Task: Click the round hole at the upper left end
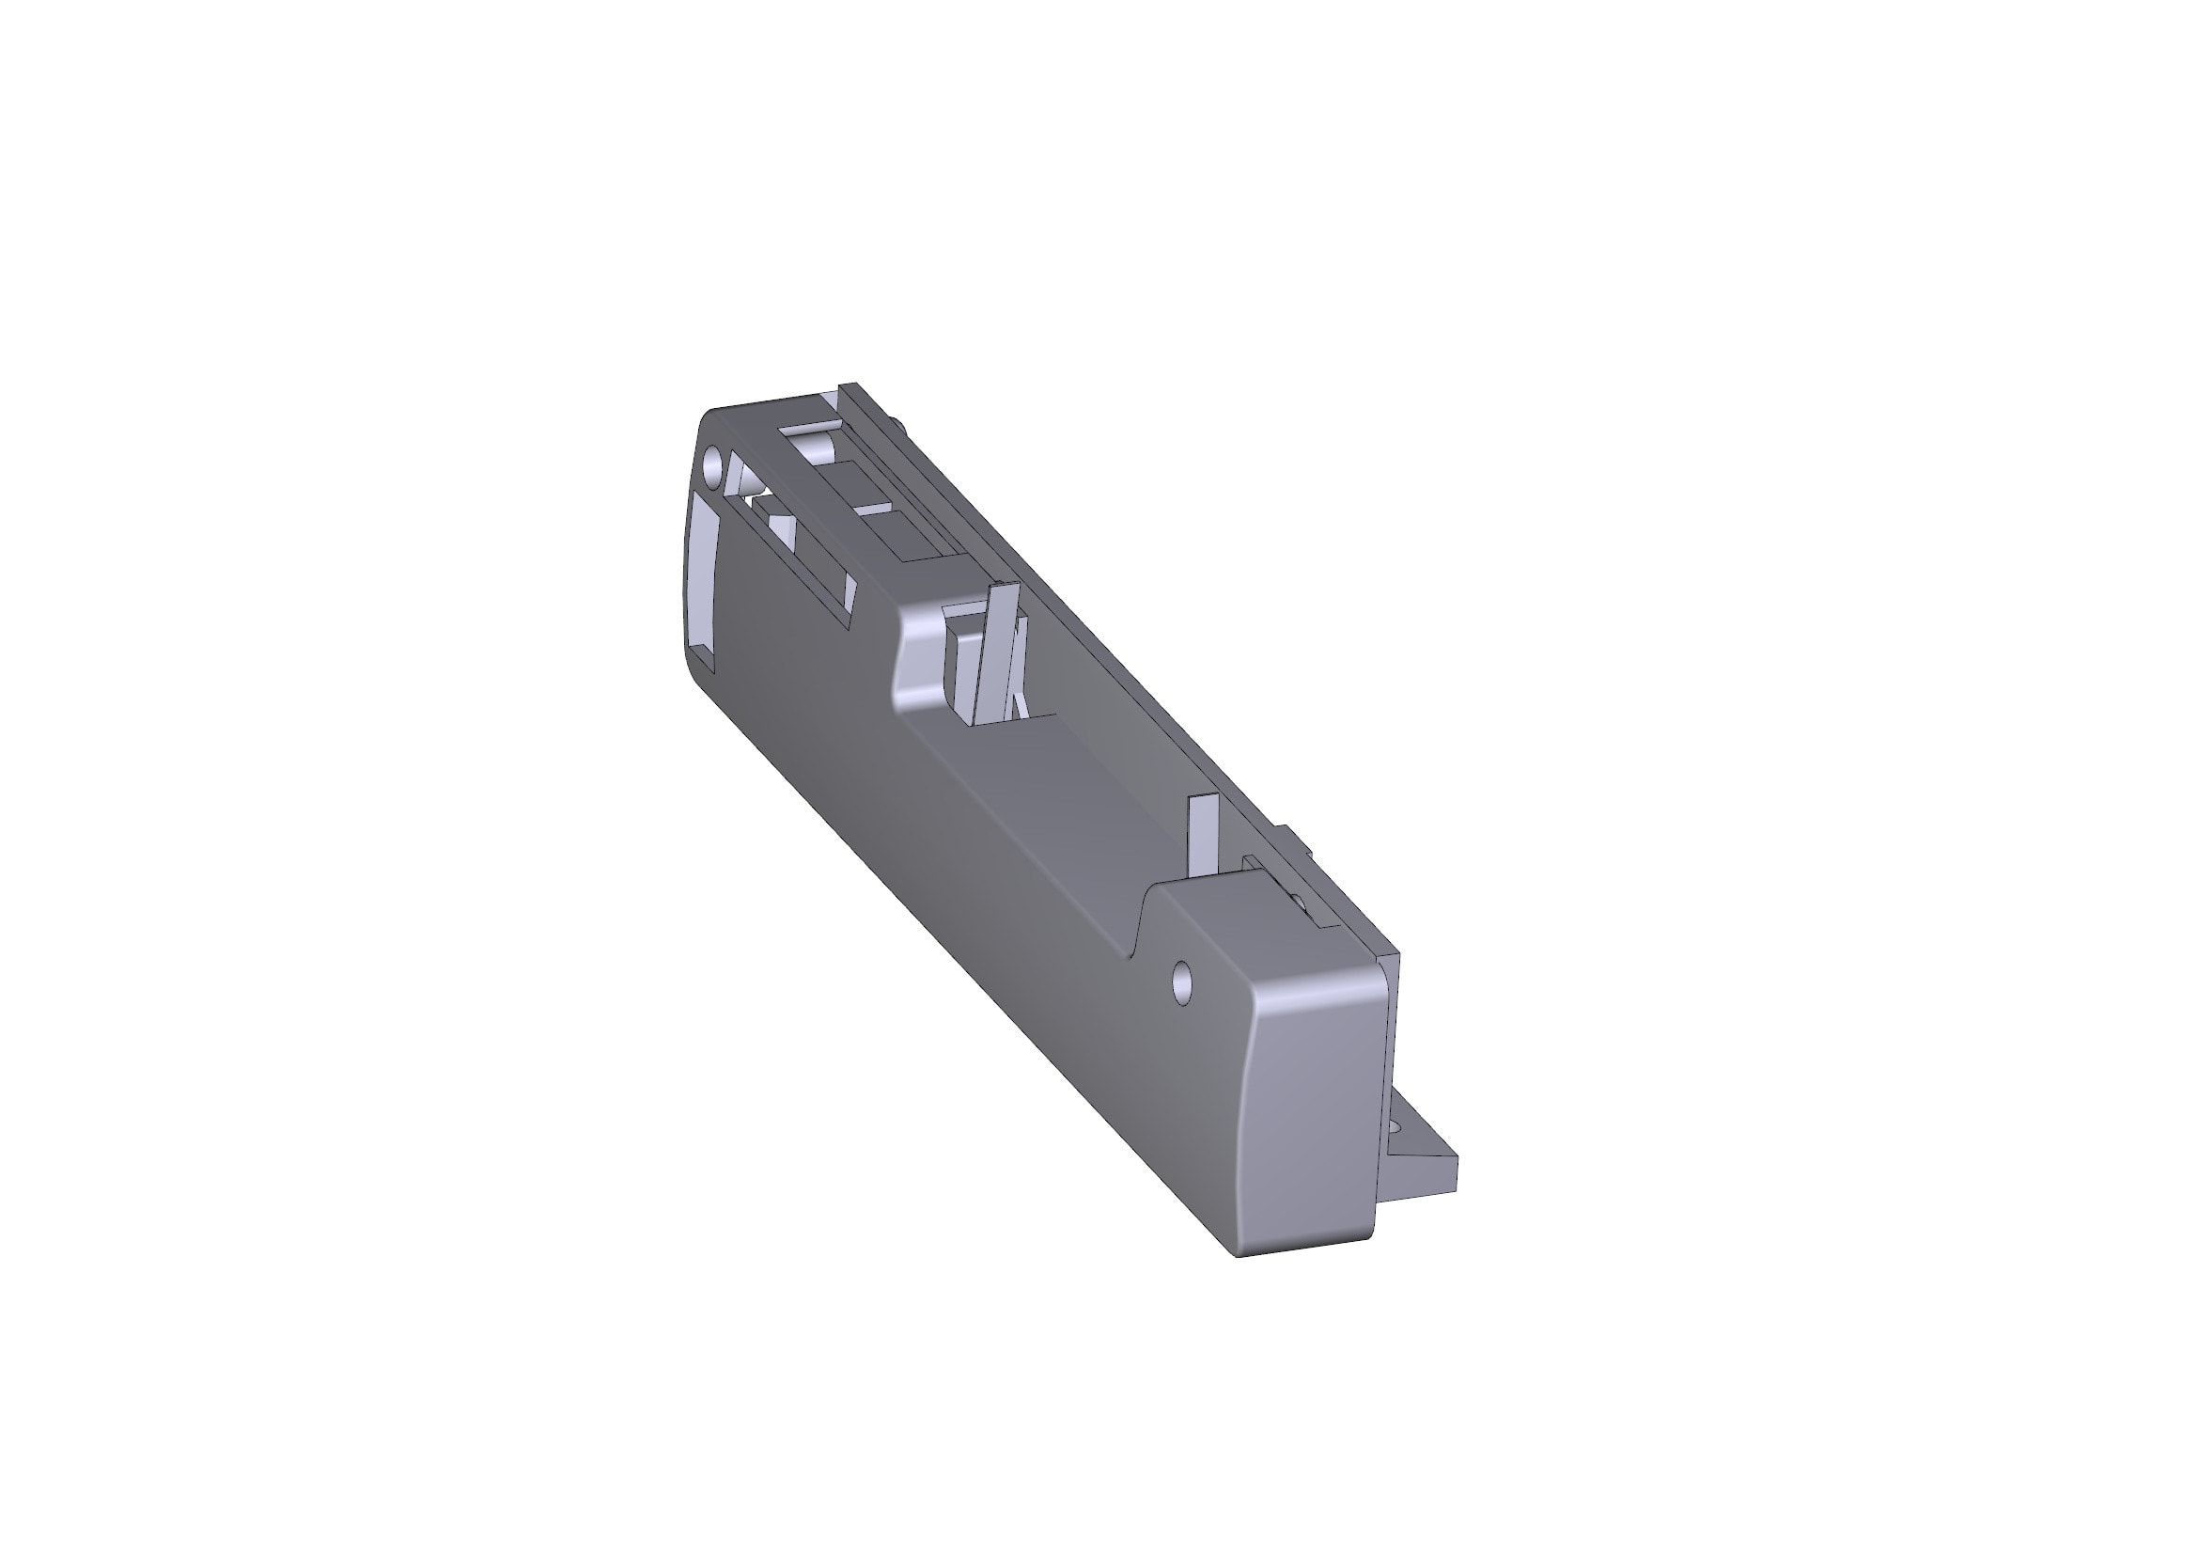click(x=713, y=465)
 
